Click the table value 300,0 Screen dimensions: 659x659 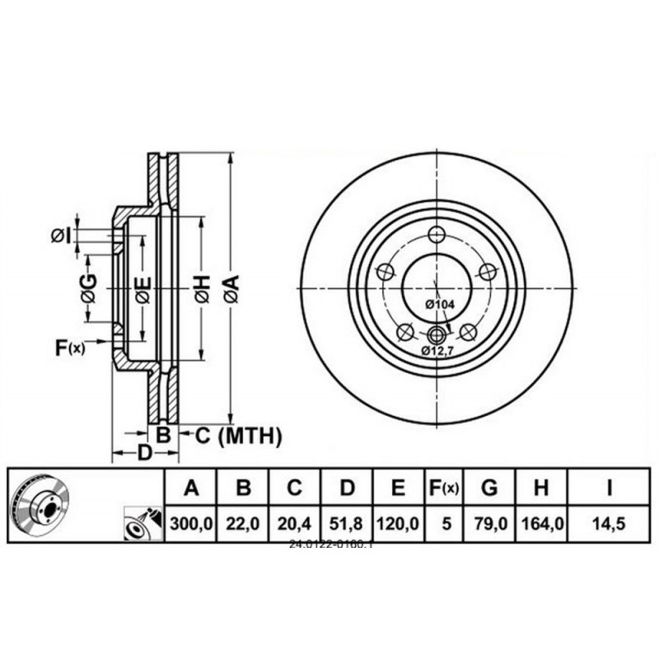191,523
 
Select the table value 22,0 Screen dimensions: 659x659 244,523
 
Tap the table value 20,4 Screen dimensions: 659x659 295,523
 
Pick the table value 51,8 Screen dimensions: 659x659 347,523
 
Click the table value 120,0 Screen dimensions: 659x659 398,523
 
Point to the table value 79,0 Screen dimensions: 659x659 489,523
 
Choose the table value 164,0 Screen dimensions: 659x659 540,523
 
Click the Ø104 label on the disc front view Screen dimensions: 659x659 440,305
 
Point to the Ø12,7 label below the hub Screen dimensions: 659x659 438,351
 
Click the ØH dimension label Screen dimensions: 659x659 202,286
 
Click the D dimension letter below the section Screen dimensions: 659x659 144,453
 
